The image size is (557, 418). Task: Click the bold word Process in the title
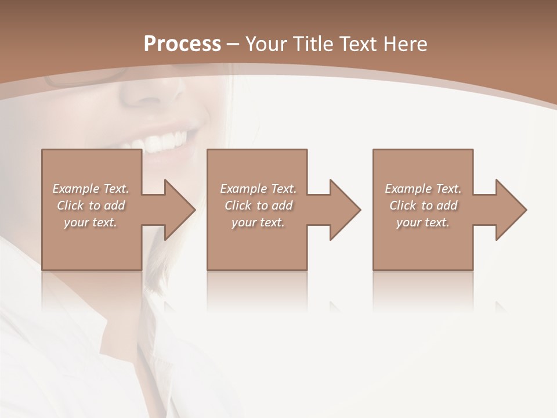[182, 44]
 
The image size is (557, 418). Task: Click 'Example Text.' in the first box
[91, 189]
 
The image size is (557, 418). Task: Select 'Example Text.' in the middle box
[258, 189]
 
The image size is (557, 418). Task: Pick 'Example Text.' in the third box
[423, 189]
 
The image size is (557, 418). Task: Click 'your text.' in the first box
[91, 222]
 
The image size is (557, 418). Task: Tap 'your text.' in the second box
[258, 222]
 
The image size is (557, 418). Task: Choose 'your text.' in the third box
[423, 222]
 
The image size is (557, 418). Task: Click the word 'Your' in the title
[264, 44]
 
